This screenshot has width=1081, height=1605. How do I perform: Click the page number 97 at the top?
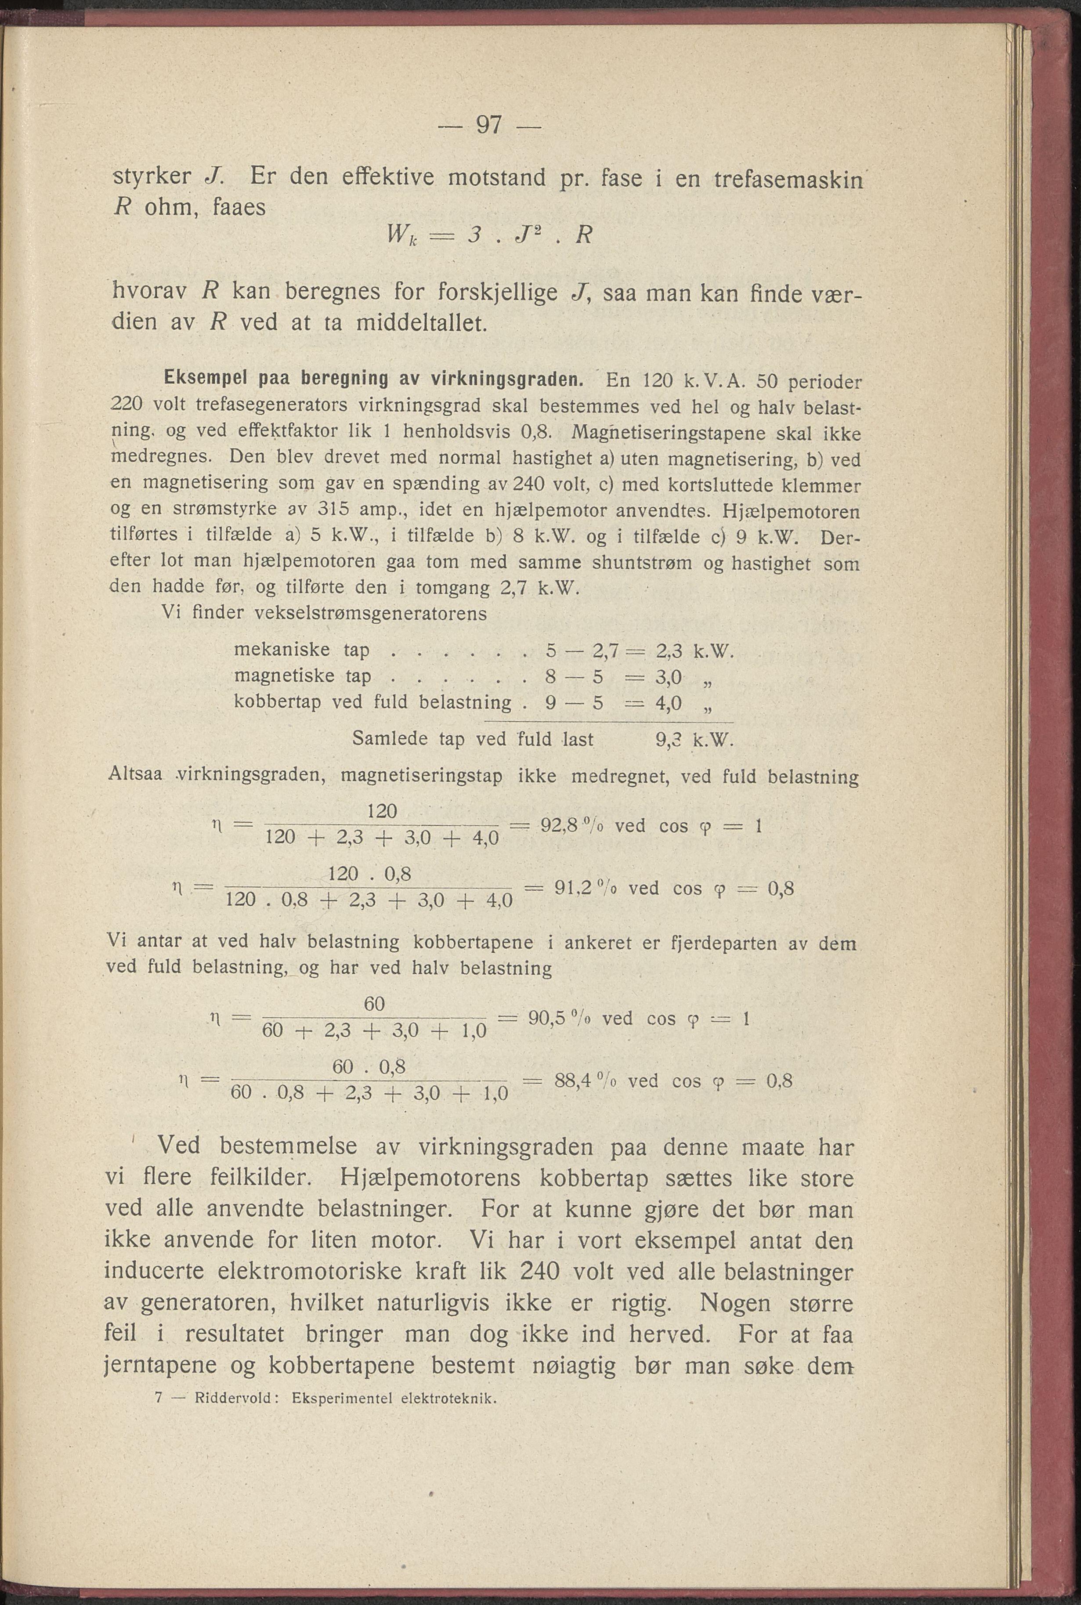(489, 126)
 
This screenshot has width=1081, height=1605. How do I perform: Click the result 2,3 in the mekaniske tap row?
(669, 651)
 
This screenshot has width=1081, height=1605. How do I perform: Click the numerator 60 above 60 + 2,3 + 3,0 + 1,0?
(374, 1004)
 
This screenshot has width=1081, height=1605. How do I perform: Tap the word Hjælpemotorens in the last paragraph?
(430, 1178)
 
